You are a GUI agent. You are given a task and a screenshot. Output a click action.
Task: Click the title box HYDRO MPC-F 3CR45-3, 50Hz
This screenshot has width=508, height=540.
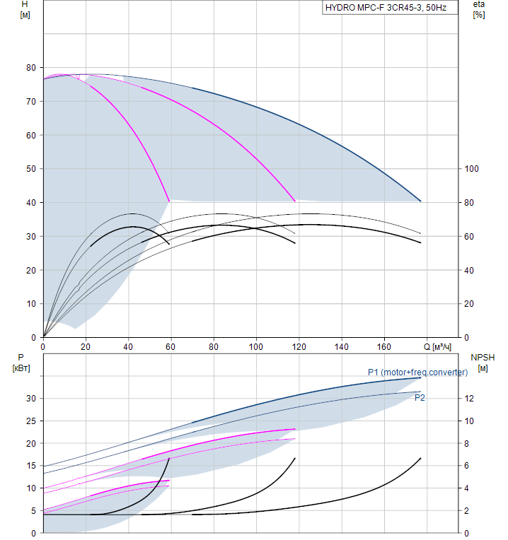click(x=386, y=8)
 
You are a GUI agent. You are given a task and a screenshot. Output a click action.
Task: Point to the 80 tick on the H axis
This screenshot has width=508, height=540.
click(x=30, y=68)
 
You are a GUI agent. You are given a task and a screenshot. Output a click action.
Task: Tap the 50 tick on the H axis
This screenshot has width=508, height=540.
click(x=30, y=169)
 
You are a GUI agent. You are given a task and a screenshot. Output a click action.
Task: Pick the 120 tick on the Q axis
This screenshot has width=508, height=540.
click(x=299, y=347)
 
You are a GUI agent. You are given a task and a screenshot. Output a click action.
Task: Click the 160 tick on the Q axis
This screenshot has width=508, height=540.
click(x=384, y=347)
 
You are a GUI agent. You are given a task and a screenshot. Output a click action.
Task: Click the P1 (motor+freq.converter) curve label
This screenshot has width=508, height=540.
click(x=417, y=372)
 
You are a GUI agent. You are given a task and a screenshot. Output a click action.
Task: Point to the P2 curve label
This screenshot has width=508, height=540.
click(x=420, y=398)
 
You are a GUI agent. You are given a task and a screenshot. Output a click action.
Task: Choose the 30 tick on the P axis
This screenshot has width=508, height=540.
click(x=30, y=399)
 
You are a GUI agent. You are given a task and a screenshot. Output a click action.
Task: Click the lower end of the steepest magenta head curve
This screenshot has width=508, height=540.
click(x=169, y=201)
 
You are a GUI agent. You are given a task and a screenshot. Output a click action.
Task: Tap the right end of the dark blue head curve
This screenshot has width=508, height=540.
click(x=421, y=201)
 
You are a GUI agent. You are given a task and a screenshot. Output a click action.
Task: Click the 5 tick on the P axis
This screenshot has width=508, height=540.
click(x=33, y=511)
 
